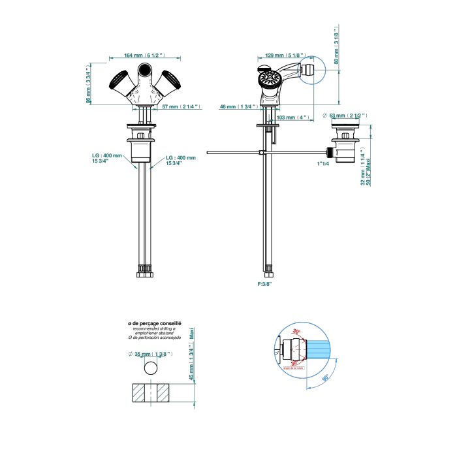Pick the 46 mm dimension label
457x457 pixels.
pyautogui.click(x=239, y=106)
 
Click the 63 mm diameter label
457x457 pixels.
pyautogui.click(x=346, y=116)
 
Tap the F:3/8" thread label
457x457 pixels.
pyautogui.click(x=264, y=285)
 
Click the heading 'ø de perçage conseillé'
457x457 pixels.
pyautogui.click(x=154, y=323)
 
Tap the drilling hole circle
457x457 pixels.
pyautogui.click(x=151, y=367)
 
